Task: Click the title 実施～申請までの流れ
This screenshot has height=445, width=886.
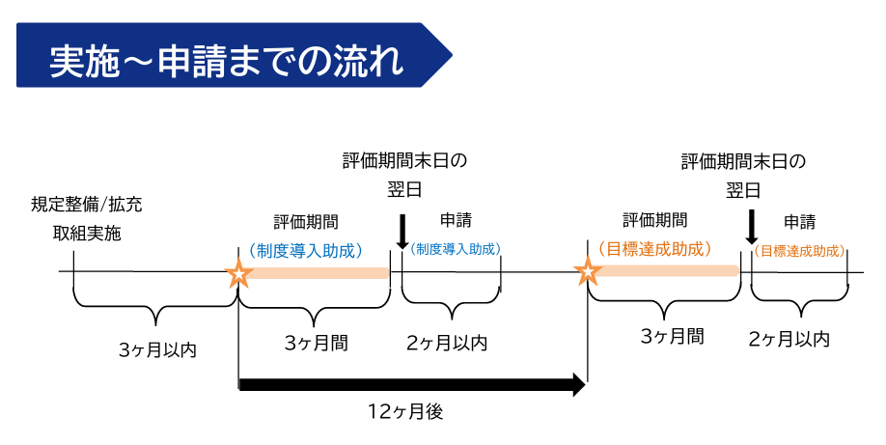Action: click(x=227, y=60)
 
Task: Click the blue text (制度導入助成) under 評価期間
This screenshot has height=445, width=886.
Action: click(x=305, y=250)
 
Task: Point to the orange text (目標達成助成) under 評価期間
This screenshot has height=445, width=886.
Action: click(x=655, y=248)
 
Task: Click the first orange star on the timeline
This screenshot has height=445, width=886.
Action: click(x=238, y=273)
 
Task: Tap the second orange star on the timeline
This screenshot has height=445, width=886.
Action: click(x=588, y=273)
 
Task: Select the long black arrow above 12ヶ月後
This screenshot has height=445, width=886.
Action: click(x=412, y=385)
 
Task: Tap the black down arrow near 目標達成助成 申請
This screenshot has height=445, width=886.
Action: click(x=751, y=227)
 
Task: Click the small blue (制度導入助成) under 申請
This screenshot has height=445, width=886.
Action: click(x=456, y=249)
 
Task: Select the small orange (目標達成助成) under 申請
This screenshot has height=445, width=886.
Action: click(x=799, y=251)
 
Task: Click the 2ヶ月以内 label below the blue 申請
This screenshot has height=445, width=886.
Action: click(x=447, y=343)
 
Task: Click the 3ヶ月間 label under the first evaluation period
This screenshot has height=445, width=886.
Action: click(x=317, y=343)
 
